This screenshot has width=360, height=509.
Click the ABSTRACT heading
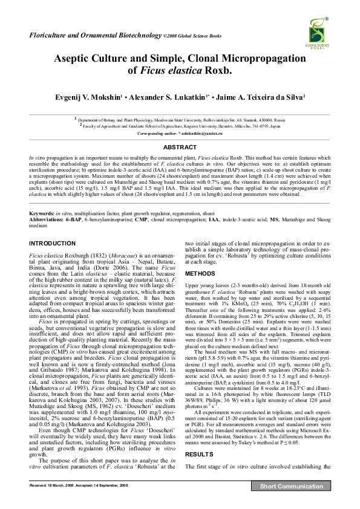180,147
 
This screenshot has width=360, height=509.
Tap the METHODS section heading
199,273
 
